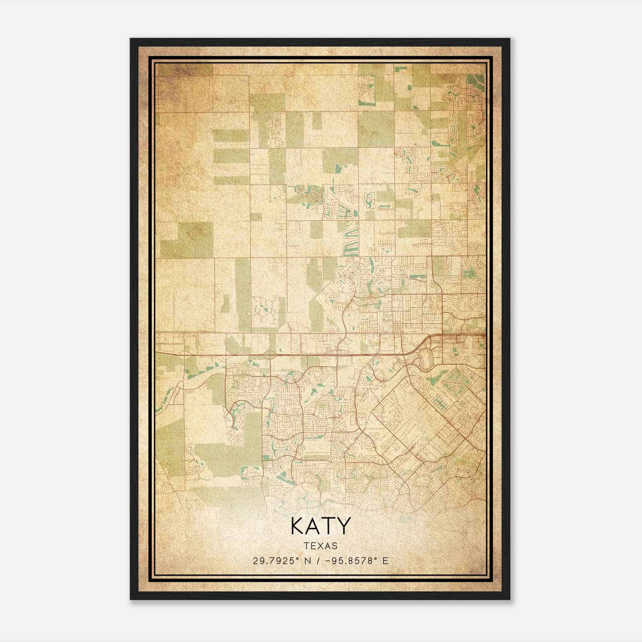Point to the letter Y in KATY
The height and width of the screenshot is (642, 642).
343,526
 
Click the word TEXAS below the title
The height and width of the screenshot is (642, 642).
321,546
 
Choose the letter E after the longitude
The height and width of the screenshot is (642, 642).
385,561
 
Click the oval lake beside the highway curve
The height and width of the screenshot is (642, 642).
425,356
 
